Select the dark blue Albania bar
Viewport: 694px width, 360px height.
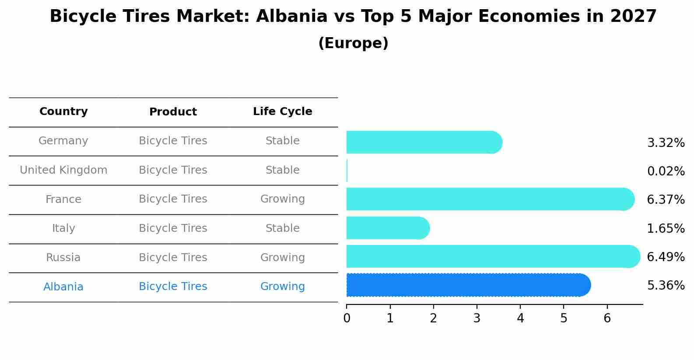click(468, 285)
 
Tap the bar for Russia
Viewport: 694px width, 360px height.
click(493, 256)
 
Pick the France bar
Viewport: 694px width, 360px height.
click(490, 199)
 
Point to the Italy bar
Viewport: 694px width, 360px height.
click(388, 228)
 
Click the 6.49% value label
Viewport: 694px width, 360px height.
click(666, 257)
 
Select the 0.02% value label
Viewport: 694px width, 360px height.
click(666, 171)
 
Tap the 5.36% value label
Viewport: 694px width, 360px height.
click(666, 286)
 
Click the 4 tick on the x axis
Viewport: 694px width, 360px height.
click(520, 318)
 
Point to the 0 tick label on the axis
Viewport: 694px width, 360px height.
click(347, 318)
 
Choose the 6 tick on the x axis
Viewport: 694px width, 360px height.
click(607, 318)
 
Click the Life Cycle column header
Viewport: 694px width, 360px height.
click(282, 112)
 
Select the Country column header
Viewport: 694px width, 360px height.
click(63, 112)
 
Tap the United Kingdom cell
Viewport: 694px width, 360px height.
click(63, 170)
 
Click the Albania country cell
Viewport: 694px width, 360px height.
click(63, 287)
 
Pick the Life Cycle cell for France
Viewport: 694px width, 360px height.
click(282, 199)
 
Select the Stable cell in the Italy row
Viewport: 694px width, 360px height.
click(282, 228)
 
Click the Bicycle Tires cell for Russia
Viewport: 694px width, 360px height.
click(173, 258)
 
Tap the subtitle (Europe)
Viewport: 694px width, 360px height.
click(353, 43)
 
